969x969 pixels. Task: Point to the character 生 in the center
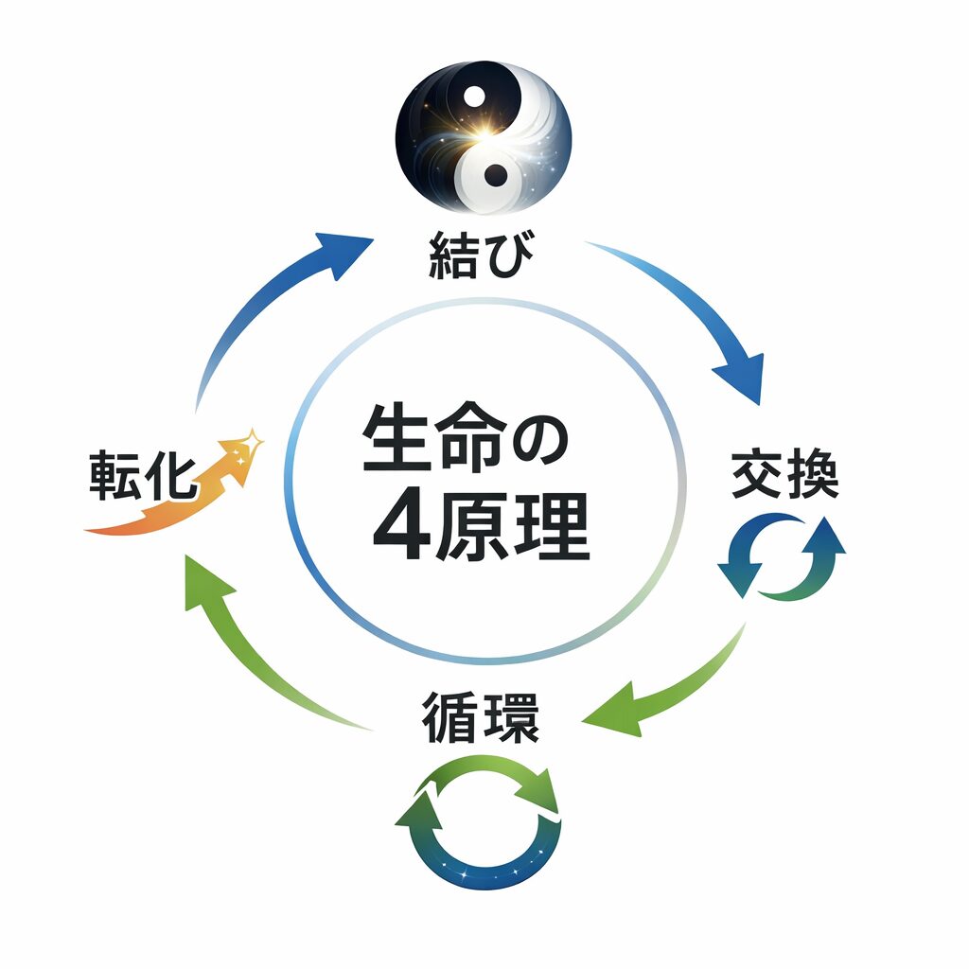click(396, 441)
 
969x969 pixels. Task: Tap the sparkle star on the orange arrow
click(252, 439)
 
